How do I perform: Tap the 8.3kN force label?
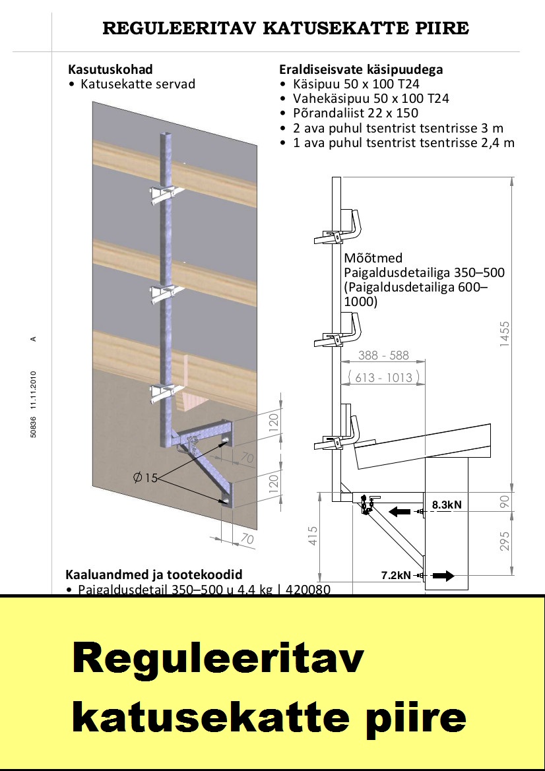pos(447,505)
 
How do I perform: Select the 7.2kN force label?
pos(396,575)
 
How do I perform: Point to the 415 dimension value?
pos(313,534)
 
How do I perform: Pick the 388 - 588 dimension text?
pos(383,355)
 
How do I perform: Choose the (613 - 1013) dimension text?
pos(383,377)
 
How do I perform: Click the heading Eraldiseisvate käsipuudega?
pos(361,69)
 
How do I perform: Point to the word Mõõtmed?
pos(373,258)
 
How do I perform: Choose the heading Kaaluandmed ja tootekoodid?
pos(154,574)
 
